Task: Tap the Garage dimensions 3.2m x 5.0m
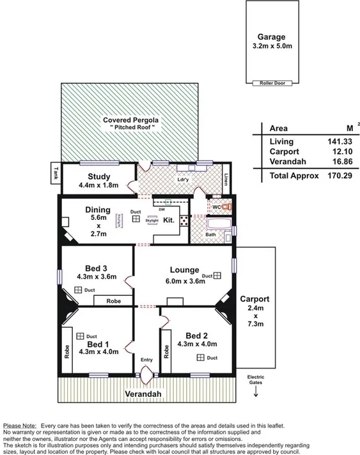271,46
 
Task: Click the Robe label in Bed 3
114,300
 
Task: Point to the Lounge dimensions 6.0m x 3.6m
185,280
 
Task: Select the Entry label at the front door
146,360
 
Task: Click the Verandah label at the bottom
143,394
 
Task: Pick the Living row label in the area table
282,141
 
